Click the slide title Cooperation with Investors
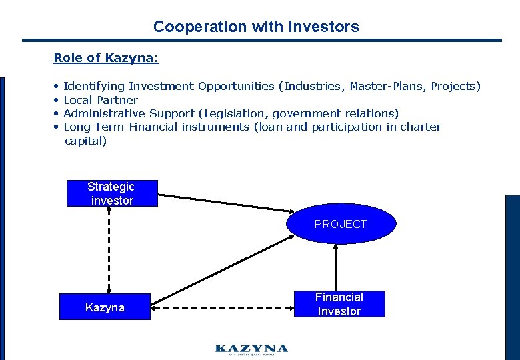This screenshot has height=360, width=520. coord(256,27)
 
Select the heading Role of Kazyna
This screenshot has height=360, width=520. coord(105,58)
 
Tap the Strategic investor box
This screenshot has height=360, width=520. coord(112,193)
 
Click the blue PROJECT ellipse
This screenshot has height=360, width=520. coord(341,224)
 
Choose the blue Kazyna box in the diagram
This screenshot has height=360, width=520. coord(105,307)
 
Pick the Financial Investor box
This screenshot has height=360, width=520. coord(339,304)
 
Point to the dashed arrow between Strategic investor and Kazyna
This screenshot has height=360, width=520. coord(109,250)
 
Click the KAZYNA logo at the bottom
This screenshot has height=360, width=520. coord(251,349)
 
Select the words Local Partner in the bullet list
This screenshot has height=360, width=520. coord(100,100)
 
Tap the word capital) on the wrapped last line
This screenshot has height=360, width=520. coord(85,141)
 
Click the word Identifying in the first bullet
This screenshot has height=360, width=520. coord(94,86)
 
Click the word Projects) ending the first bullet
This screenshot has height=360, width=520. coord(455,86)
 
